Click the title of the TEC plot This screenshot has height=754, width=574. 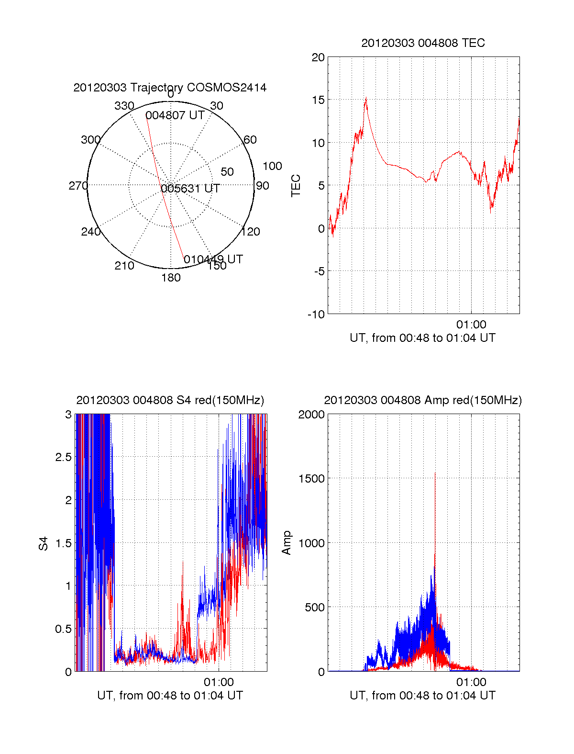(423, 43)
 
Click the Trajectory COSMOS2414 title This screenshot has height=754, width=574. (170, 88)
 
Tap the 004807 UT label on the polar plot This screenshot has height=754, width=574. (175, 115)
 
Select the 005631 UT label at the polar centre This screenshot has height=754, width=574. (190, 189)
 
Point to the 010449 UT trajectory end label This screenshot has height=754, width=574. (213, 259)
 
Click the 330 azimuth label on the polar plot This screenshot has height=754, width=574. (124, 106)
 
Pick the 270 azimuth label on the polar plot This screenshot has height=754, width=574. (78, 186)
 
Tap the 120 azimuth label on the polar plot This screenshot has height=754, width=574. (251, 232)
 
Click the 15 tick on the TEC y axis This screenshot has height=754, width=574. (318, 100)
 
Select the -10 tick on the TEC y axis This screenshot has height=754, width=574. (316, 315)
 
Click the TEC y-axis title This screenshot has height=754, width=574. (296, 186)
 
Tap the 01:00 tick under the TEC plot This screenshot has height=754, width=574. (471, 325)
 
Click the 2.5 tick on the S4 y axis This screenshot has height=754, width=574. (63, 457)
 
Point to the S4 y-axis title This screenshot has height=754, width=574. (44, 543)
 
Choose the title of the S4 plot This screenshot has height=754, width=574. (170, 400)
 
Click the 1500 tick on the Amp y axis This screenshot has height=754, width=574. (311, 479)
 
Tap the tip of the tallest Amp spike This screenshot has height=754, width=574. (435, 473)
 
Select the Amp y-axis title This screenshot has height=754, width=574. (287, 543)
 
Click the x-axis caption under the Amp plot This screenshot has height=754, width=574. (423, 696)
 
